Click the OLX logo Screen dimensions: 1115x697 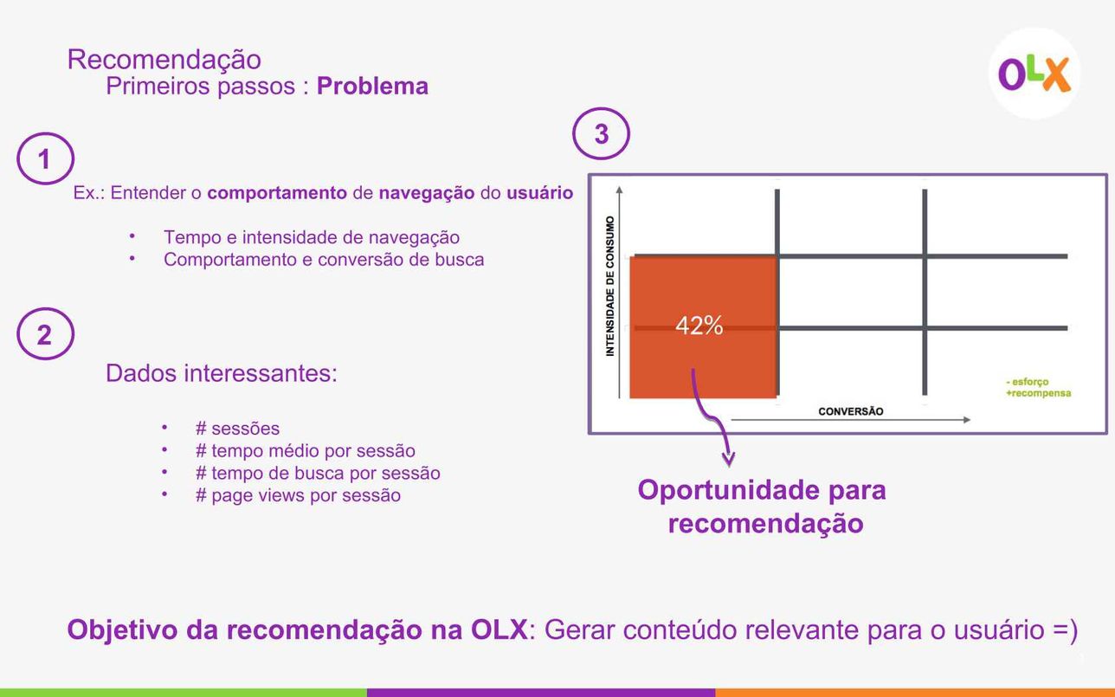(1034, 74)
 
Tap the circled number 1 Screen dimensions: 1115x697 (45, 158)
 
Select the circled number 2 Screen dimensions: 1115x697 (45, 333)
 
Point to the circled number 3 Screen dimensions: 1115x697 (602, 133)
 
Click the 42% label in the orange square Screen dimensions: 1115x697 (699, 326)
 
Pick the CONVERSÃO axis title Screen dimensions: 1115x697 (851, 411)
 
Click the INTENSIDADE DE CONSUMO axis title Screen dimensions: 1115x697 (609, 286)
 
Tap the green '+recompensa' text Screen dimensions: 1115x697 (1038, 393)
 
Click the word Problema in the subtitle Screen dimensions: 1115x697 (372, 86)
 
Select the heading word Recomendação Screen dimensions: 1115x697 (164, 60)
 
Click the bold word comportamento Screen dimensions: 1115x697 (277, 193)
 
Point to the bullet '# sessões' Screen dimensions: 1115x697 (237, 428)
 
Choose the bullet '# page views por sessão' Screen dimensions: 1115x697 (298, 495)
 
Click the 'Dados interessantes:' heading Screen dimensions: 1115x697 (222, 373)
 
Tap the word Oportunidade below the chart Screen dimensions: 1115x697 (728, 490)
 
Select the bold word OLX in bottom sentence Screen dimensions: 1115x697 (499, 629)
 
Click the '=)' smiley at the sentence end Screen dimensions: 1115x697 (1065, 630)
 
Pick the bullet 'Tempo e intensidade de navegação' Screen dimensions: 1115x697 (312, 237)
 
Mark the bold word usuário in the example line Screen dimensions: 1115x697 (539, 193)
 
